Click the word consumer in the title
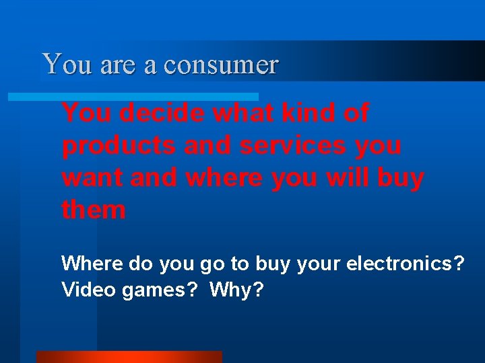pyautogui.click(x=220, y=65)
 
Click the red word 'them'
pyautogui.click(x=94, y=210)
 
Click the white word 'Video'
pyautogui.click(x=86, y=290)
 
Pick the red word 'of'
pyautogui.click(x=356, y=113)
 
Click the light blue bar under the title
pyautogui.click(x=133, y=97)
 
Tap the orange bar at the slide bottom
pyautogui.click(x=129, y=357)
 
